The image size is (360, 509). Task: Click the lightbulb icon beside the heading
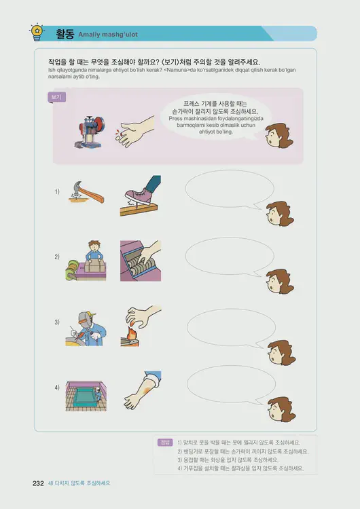36,30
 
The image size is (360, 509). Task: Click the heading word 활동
64,33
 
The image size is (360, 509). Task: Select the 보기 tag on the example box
56,98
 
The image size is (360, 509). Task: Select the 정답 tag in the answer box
164,442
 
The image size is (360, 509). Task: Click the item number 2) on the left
58,257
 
